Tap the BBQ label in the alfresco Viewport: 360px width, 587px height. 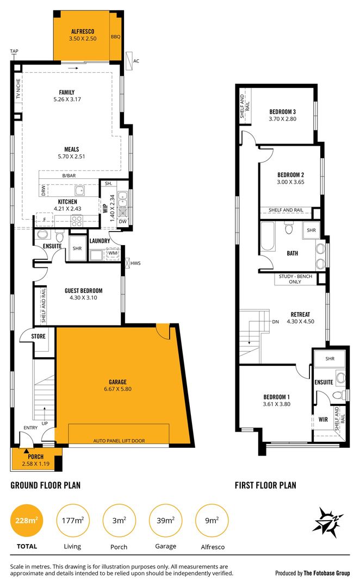click(x=115, y=37)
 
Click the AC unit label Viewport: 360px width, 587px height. click(x=137, y=61)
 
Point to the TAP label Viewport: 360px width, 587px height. click(x=14, y=52)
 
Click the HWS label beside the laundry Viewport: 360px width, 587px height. click(x=135, y=263)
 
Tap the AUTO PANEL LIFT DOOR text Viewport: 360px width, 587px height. click(x=119, y=441)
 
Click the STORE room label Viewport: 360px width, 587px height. click(x=38, y=336)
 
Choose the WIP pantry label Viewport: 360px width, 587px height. click(x=105, y=208)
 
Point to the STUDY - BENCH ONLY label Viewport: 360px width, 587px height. click(x=294, y=279)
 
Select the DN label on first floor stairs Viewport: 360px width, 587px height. click(x=276, y=321)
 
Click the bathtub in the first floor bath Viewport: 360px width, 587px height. click(x=268, y=238)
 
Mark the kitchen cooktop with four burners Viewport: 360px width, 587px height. click(x=77, y=221)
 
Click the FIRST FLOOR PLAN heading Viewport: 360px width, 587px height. click(x=265, y=485)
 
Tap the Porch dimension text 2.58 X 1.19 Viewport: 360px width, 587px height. click(x=36, y=464)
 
